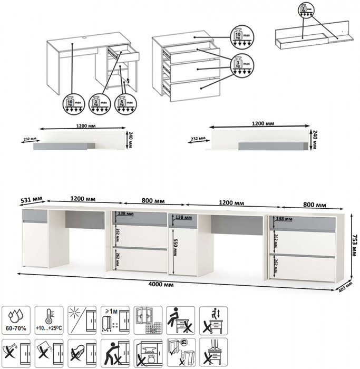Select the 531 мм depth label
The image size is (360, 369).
(31, 200)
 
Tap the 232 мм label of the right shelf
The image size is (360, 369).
(197, 139)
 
